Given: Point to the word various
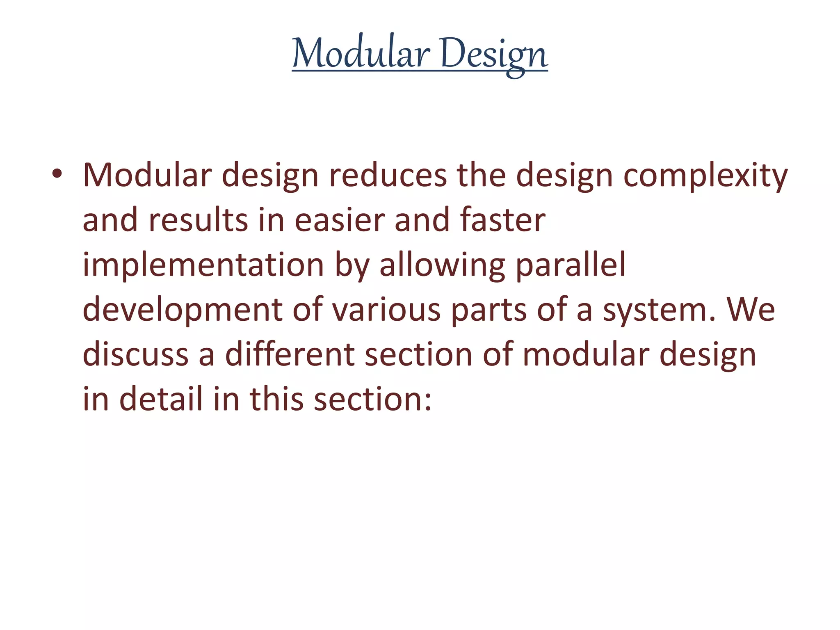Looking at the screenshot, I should point(386,310).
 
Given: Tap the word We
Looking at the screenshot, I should point(751,310).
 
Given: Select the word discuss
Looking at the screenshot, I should point(135,354).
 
